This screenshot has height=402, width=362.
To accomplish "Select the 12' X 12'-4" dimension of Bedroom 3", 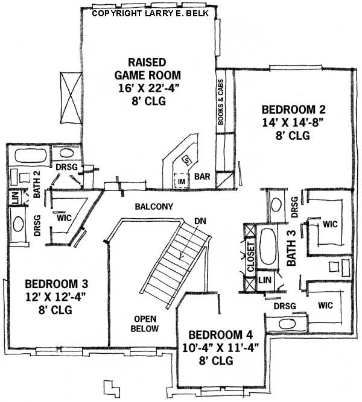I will [48, 297].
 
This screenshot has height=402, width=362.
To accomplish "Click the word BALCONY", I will [154, 207].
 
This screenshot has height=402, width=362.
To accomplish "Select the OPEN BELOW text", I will [146, 324].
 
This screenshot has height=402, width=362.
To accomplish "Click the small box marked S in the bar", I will [186, 160].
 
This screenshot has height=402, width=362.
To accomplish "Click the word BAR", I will [202, 177].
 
